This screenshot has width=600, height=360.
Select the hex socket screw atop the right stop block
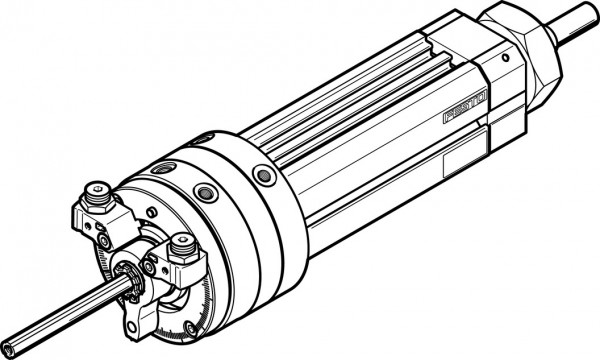pos(183,242)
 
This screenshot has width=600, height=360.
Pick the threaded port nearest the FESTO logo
pos(266,176)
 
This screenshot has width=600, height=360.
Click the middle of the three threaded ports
pos(207,191)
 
